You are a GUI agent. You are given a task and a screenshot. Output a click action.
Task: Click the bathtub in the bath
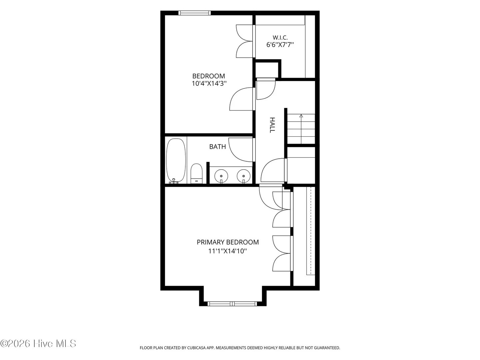[x=176, y=161]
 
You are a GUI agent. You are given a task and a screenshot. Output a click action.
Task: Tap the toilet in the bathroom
[x=196, y=174]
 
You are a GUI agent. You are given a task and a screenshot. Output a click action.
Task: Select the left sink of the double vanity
[x=221, y=176]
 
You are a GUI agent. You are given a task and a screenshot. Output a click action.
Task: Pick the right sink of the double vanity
[x=243, y=176]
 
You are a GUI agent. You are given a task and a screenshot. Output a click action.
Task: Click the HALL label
[x=272, y=125]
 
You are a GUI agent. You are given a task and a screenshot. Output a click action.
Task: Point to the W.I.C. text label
[x=280, y=38]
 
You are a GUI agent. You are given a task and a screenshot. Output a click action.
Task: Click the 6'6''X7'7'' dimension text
[x=280, y=45]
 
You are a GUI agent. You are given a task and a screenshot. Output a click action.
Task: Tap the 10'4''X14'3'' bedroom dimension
[x=209, y=83]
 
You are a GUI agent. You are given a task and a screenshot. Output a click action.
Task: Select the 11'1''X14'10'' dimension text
[x=227, y=251]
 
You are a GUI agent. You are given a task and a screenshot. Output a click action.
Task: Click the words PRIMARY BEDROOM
[x=228, y=242]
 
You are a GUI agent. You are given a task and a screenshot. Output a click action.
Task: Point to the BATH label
[x=217, y=147]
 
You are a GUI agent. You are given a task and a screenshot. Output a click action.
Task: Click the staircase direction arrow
[x=301, y=129]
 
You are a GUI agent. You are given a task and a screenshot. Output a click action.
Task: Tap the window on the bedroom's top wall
[x=194, y=13]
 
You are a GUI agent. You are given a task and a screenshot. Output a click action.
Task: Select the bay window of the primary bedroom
[x=232, y=304]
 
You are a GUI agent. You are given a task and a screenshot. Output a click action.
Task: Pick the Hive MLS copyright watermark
[x=38, y=343]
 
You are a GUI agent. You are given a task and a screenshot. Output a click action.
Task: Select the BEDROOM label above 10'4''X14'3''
[x=209, y=76]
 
